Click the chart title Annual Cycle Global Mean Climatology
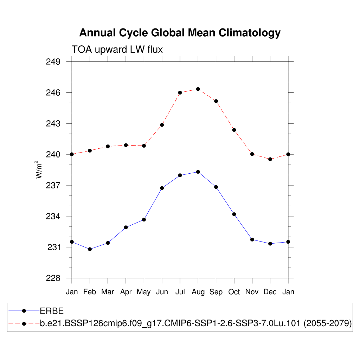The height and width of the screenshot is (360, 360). (x=180, y=33)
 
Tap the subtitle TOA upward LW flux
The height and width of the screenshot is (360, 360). (x=117, y=50)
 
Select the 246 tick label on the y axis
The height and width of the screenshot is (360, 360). (x=53, y=93)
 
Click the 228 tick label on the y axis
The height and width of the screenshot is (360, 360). (x=53, y=278)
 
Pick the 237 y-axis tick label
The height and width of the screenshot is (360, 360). (x=53, y=185)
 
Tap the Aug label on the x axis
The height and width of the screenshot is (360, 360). (x=198, y=292)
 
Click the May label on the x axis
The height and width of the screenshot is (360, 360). (x=144, y=292)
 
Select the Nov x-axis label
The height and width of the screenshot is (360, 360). (x=252, y=292)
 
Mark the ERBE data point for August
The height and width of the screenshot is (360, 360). (x=198, y=172)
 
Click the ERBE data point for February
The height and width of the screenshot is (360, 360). (x=90, y=249)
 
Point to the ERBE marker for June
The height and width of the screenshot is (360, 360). (x=162, y=188)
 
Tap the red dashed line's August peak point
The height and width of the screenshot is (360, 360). (x=198, y=89)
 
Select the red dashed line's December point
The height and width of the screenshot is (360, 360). (x=270, y=159)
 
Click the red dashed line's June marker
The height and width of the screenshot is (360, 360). (x=162, y=125)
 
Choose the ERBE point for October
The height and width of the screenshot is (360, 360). (x=234, y=214)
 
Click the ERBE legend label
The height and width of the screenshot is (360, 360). (x=51, y=311)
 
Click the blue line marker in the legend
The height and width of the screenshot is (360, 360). (x=24, y=311)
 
